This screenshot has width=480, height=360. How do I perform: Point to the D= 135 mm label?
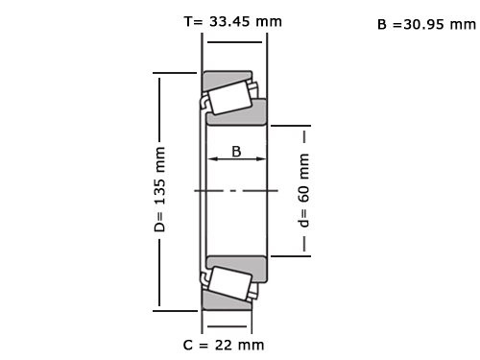tap(160, 190)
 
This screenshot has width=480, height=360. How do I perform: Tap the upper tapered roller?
tap(228, 97)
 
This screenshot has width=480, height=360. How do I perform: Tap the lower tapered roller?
tap(228, 284)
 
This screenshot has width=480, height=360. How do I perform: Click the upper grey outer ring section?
tap(228, 76)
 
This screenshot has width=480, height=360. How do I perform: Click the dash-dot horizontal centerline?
tap(235, 191)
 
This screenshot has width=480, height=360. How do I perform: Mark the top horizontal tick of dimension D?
tap(173, 71)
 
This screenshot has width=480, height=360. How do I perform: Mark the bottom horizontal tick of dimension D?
tap(173, 310)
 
